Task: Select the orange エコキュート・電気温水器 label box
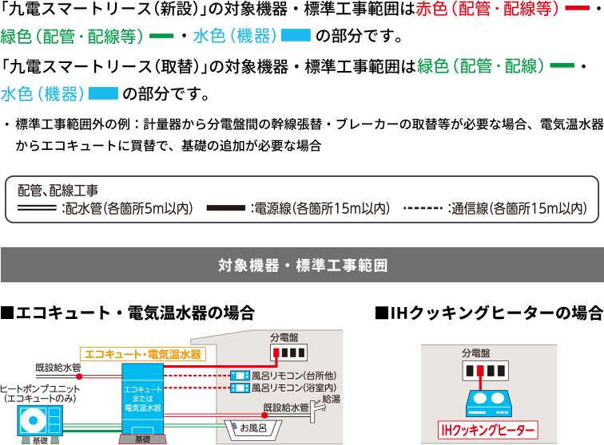click(x=141, y=353)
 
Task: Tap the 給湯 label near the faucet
click(x=331, y=397)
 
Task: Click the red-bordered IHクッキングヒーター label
click(x=488, y=431)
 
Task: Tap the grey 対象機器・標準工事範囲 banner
click(x=302, y=265)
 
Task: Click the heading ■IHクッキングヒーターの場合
click(x=489, y=313)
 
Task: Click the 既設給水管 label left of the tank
click(x=58, y=368)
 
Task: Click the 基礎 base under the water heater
click(x=142, y=439)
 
